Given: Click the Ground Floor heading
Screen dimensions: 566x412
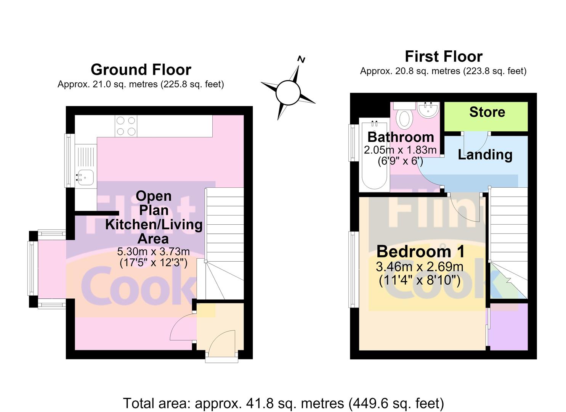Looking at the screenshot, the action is pyautogui.click(x=141, y=69).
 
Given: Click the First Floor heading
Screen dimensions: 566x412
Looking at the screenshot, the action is pyautogui.click(x=444, y=56).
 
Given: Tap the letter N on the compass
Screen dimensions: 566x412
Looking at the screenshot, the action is pyautogui.click(x=301, y=59).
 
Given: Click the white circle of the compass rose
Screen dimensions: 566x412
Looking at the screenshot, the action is pyautogui.click(x=288, y=93).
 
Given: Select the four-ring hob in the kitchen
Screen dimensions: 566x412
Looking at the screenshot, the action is pyautogui.click(x=126, y=126).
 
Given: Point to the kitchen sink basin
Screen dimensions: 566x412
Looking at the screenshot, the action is pyautogui.click(x=85, y=177).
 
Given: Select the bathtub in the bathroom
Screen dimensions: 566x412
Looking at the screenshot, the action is pyautogui.click(x=374, y=155).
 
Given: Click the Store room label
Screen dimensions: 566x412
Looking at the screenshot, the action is pyautogui.click(x=487, y=112).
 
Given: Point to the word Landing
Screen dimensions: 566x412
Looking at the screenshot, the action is pyautogui.click(x=485, y=155).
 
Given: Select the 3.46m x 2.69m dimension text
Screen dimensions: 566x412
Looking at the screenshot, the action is pyautogui.click(x=419, y=267).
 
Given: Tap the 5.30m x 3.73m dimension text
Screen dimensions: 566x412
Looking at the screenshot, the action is pyautogui.click(x=153, y=251).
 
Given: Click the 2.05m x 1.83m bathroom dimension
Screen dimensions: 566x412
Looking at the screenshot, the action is pyautogui.click(x=400, y=150).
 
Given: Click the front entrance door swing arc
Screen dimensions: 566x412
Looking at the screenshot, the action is pyautogui.click(x=220, y=337).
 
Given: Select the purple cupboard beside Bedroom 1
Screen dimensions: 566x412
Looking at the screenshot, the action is pyautogui.click(x=509, y=327).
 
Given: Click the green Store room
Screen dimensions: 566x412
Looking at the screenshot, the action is pyautogui.click(x=486, y=116).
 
